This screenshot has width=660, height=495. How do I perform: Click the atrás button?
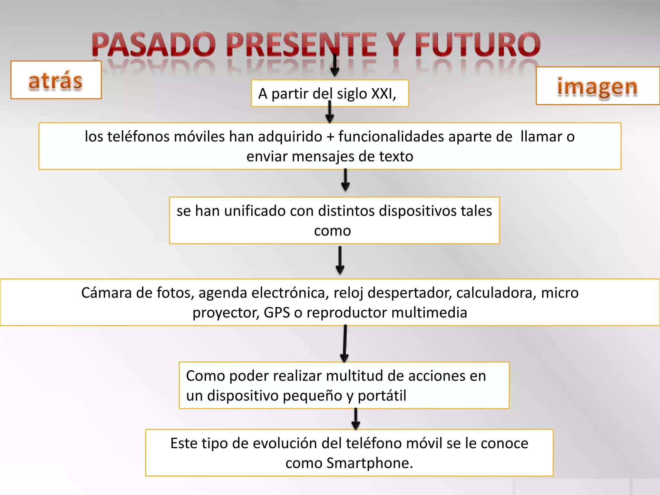[56, 80]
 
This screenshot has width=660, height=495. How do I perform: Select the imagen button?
[597, 86]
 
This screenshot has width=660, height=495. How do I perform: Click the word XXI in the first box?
[383, 94]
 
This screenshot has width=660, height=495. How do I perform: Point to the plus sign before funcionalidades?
[330, 137]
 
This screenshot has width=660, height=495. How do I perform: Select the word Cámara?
[106, 293]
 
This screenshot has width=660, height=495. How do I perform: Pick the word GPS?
[277, 313]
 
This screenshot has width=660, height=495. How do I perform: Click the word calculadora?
[496, 293]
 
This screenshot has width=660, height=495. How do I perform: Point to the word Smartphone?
[370, 463]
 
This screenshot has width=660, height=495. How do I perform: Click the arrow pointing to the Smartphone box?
[355, 419]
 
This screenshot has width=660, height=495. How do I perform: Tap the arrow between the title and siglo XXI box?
[335, 66]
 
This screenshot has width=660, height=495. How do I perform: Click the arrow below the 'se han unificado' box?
[340, 260]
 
